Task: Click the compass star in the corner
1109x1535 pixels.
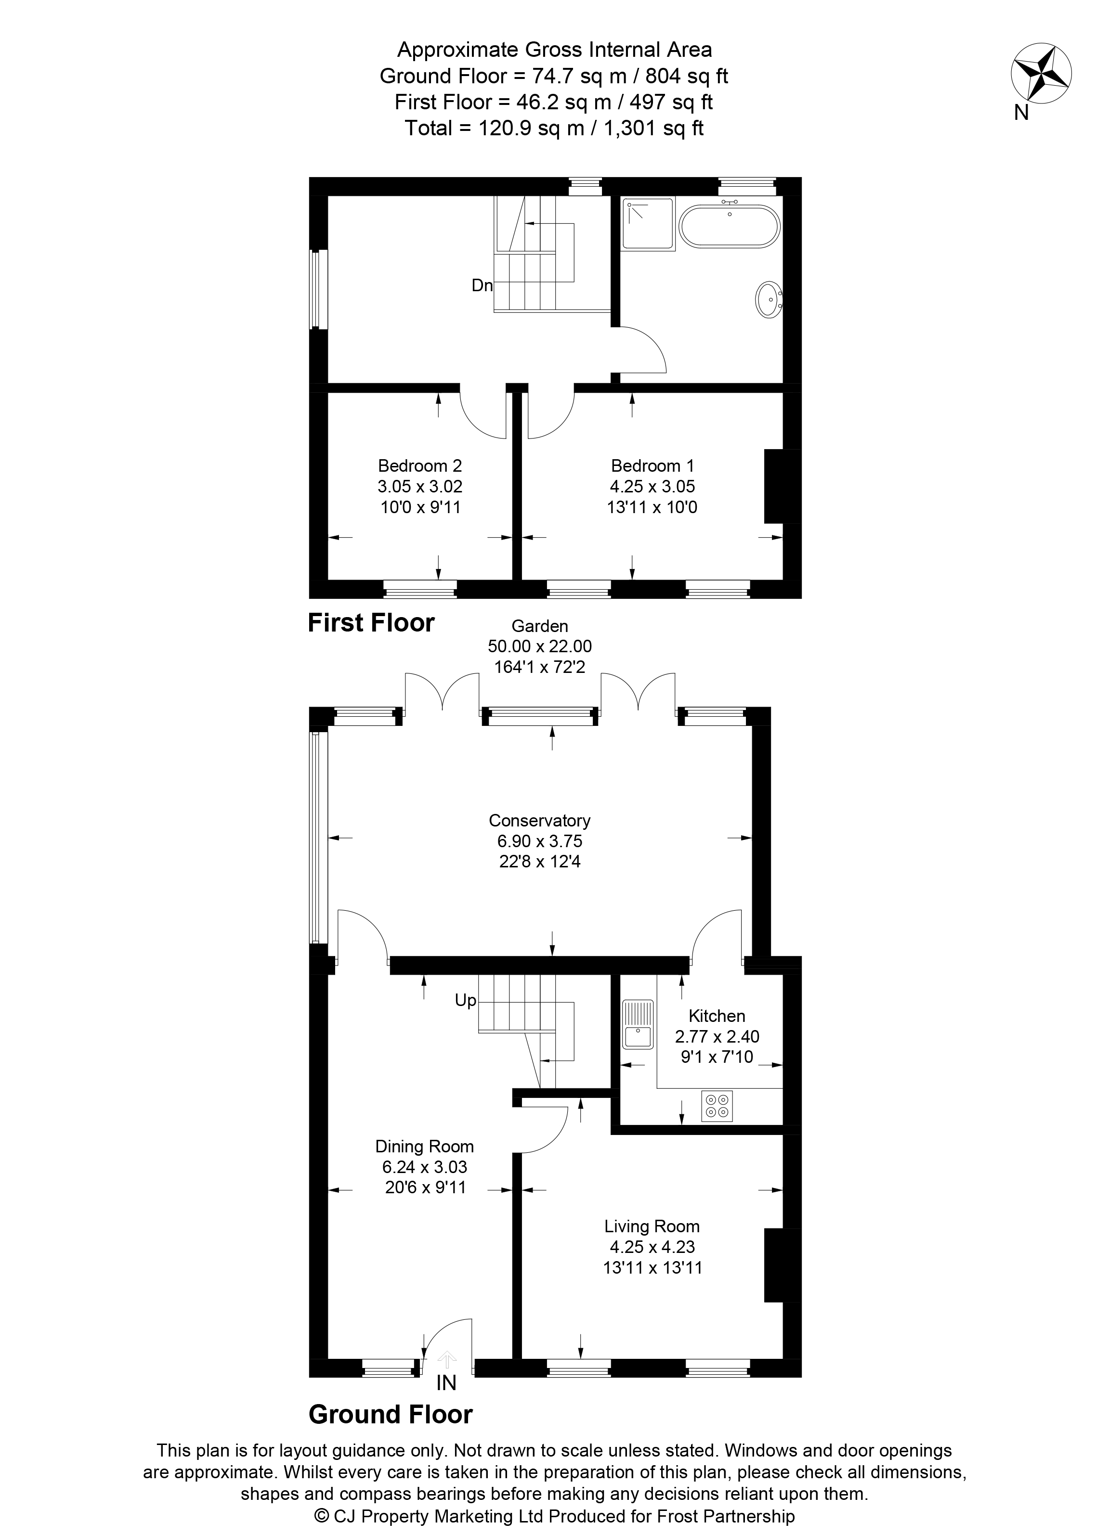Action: coord(1041,74)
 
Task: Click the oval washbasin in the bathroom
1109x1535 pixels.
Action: coord(769,298)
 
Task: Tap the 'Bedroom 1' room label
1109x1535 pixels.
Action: coord(652,465)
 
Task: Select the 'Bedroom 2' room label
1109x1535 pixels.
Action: coord(420,465)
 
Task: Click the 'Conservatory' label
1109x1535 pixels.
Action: coord(540,820)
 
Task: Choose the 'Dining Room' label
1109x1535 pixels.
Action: coord(425,1146)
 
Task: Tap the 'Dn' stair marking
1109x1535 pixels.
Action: coord(482,285)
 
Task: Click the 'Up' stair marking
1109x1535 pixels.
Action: coord(466,1000)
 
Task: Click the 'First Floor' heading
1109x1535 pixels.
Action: coord(371,623)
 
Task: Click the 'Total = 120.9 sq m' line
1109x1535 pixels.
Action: coord(554,128)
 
